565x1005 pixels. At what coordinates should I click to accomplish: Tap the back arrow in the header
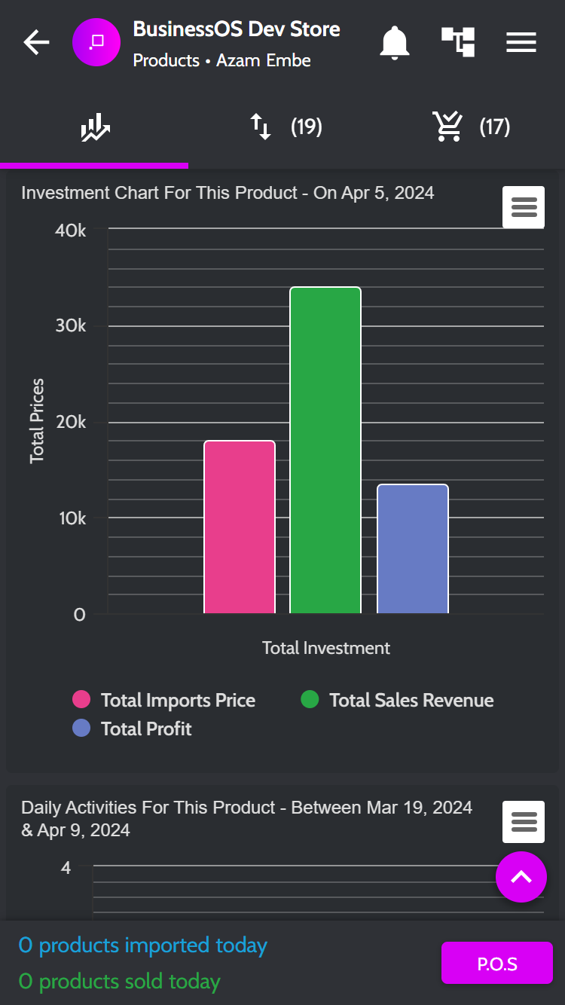click(36, 42)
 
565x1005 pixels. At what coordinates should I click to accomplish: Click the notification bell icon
click(395, 43)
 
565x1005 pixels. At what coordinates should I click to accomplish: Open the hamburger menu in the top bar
click(521, 42)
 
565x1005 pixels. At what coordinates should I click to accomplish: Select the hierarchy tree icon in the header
click(458, 42)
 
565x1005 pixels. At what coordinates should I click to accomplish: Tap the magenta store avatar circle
click(96, 42)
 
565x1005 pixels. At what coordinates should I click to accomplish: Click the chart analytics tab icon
click(95, 127)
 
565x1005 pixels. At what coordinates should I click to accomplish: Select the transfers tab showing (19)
click(286, 127)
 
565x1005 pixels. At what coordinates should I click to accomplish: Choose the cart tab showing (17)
click(471, 127)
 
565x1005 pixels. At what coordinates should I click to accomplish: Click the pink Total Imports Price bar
click(240, 527)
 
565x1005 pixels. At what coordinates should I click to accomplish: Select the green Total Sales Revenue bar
click(325, 450)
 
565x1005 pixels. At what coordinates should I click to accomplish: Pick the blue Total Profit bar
click(413, 548)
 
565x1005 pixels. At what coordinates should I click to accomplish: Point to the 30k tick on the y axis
click(71, 325)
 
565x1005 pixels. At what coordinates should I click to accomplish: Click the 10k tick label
click(72, 518)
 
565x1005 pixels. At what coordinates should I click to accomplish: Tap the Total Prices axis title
click(37, 421)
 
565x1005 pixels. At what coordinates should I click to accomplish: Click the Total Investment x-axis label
click(325, 648)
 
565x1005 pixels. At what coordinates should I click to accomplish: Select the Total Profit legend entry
click(132, 729)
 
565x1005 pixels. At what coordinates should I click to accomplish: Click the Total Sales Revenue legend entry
click(397, 700)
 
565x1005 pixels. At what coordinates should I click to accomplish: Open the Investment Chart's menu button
click(524, 207)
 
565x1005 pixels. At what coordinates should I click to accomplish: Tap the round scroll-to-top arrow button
click(521, 877)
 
